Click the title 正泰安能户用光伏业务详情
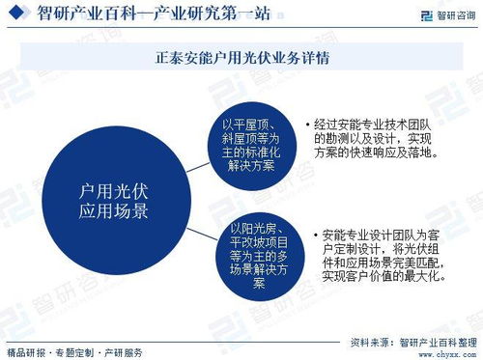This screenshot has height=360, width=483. coord(241,58)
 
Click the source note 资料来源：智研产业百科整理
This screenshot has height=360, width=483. coord(413,341)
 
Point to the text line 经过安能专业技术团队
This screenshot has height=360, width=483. coord(378,125)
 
